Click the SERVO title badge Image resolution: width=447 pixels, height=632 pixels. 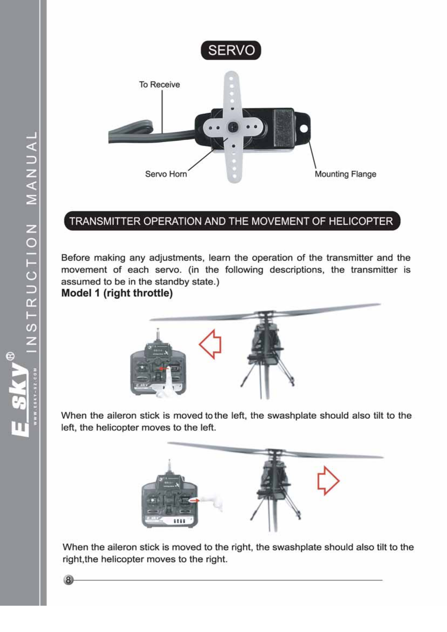pos(231,50)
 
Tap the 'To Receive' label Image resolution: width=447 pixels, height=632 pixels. pos(159,85)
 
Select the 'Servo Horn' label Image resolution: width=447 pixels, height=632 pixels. pos(166,174)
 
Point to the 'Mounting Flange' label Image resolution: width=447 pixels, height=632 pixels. pos(345,174)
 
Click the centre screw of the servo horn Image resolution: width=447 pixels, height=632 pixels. pos(233,126)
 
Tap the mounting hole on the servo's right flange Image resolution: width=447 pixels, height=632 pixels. pos(304,129)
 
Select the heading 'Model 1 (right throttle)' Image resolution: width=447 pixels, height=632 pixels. pos(117,293)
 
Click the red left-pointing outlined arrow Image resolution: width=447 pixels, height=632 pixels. pos(210,344)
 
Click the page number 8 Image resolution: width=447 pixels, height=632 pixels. pos(68,580)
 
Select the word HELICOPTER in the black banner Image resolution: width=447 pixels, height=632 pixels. pos(360,221)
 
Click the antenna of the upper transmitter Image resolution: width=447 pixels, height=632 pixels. pos(158,336)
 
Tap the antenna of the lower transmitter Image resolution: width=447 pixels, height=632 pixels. pos(169,467)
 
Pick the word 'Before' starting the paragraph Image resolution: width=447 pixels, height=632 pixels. pos(75,258)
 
